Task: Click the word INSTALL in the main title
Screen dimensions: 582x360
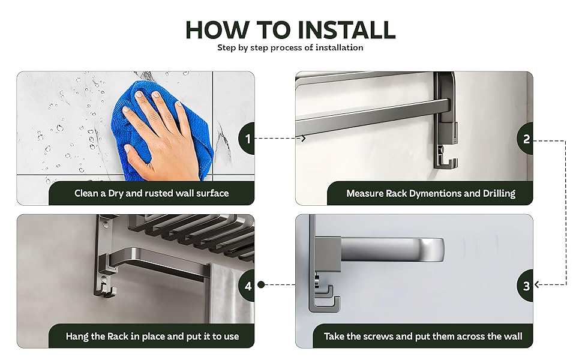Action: pos(346,29)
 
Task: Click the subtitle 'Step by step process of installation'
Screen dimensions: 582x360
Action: pos(290,47)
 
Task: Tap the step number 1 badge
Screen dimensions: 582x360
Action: pos(247,139)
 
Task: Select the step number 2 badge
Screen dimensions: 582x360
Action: pos(526,139)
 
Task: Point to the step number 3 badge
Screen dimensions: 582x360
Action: pos(526,286)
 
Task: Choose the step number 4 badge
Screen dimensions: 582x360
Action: pos(247,286)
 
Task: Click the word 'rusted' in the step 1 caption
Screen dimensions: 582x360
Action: pos(159,193)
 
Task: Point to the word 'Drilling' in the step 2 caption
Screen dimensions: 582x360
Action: pos(499,194)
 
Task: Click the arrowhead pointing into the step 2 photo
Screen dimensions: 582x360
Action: pos(303,138)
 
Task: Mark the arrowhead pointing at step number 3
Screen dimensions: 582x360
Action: pos(538,284)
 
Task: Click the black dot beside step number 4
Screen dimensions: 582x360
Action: pos(261,284)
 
